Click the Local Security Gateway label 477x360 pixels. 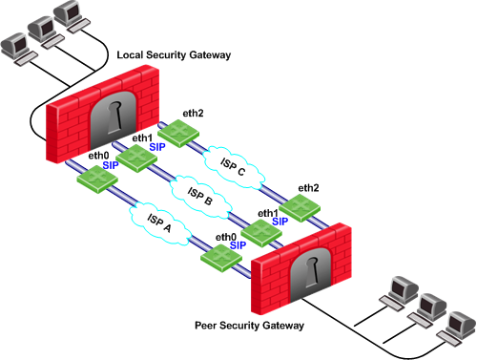(x=174, y=54)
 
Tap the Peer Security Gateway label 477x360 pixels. (x=249, y=326)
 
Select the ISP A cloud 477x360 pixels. (x=160, y=223)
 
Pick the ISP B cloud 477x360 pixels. (x=200, y=196)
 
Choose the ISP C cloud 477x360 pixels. (x=234, y=167)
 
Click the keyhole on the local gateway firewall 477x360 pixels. (x=114, y=117)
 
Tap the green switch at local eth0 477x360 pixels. (x=97, y=179)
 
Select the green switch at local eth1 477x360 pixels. (x=136, y=159)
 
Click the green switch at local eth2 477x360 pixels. (x=178, y=133)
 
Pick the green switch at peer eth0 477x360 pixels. (x=221, y=258)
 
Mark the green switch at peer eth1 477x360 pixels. (x=261, y=233)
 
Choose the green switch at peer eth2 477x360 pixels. (x=300, y=207)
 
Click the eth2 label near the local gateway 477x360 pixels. (x=193, y=113)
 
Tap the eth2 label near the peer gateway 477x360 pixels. (x=308, y=188)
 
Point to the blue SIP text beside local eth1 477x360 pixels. (x=157, y=147)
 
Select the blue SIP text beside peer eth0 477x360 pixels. (x=238, y=245)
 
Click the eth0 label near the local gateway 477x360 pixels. (x=98, y=156)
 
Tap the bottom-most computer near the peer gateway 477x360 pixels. (x=455, y=328)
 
